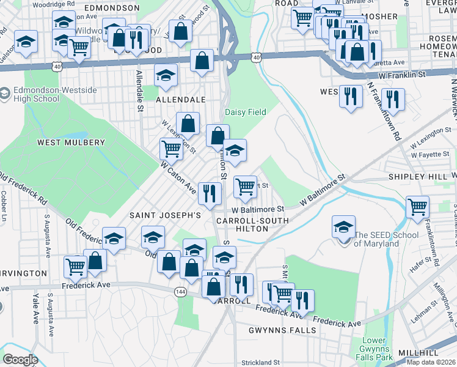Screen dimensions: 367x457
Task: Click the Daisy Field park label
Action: pos(245,112)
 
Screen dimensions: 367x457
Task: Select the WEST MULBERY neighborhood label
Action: pos(71,143)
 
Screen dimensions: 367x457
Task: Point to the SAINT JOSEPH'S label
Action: pos(165,215)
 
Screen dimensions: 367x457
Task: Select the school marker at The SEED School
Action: pos(344,226)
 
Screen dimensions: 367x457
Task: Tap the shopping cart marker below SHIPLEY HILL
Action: pos(417,206)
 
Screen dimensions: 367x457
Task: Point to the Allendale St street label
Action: pos(140,92)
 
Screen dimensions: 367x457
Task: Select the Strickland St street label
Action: pos(260,362)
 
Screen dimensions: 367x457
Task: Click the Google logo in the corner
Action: pos(20,360)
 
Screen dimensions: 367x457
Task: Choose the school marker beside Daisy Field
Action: pos(234,151)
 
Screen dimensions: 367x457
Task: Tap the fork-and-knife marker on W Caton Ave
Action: pos(210,193)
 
